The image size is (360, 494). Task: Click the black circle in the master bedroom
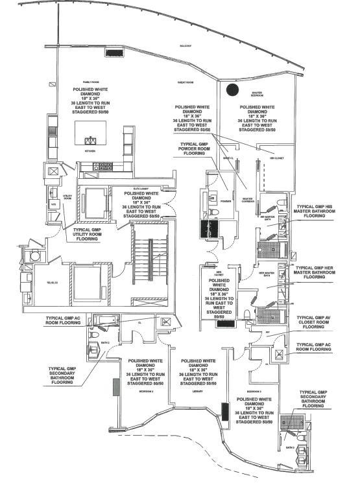[x=234, y=90]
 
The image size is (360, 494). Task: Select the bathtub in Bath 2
[x=104, y=318]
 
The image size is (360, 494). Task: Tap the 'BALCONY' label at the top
[x=186, y=46]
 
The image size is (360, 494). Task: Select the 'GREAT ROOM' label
[x=186, y=83]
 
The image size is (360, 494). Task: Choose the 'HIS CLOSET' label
[x=277, y=158]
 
